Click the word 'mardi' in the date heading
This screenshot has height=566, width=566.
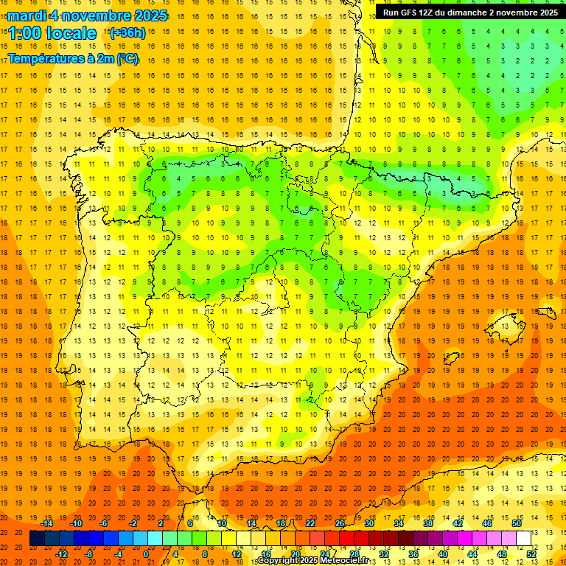(27, 15)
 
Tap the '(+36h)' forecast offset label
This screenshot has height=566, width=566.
(127, 32)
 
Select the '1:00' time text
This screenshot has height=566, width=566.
(24, 33)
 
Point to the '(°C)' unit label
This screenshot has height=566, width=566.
(126, 58)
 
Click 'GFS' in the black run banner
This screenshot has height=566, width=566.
(413, 12)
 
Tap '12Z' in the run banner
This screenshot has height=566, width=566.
(434, 12)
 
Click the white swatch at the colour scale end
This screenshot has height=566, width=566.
(523, 539)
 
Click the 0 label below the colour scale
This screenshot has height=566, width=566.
(146, 554)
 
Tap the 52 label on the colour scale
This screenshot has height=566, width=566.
(531, 554)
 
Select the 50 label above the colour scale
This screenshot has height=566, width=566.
(517, 523)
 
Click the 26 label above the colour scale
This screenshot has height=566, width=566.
(340, 523)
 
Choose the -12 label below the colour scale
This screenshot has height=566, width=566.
(61, 554)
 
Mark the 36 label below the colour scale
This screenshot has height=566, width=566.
(413, 554)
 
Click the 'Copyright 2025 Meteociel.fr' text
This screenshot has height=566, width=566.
(312, 561)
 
